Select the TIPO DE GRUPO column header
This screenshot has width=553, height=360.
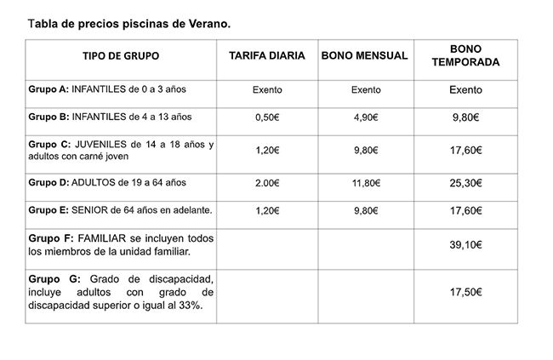click(x=121, y=57)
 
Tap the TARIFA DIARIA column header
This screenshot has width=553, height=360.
click(x=267, y=57)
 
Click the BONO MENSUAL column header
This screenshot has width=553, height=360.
click(x=367, y=57)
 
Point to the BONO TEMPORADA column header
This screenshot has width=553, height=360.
click(x=465, y=56)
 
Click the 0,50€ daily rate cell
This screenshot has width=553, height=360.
click(x=267, y=117)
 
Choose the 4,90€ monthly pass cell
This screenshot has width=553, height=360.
click(x=367, y=117)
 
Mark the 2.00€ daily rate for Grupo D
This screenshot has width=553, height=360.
click(x=267, y=183)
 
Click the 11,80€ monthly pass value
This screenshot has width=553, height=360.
click(x=367, y=183)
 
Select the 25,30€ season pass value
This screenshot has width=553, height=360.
click(x=465, y=183)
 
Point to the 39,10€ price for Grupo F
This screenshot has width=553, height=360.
click(x=465, y=245)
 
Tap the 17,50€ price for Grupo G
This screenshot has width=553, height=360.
click(x=465, y=292)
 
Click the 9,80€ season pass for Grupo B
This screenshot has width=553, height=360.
click(x=465, y=117)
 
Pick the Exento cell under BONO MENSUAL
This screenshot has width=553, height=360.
click(x=367, y=89)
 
